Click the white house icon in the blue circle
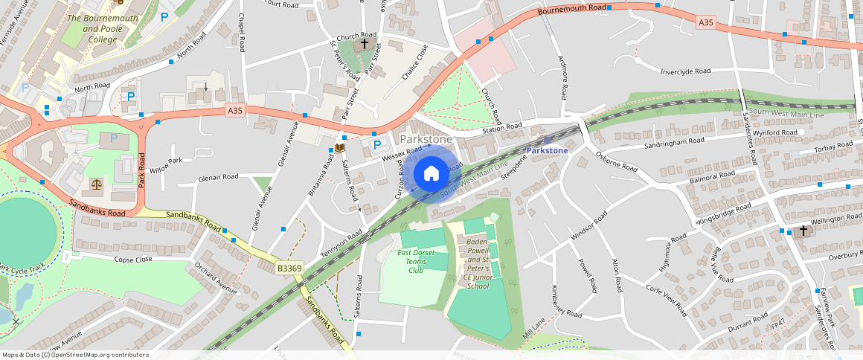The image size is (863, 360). coord(431,174)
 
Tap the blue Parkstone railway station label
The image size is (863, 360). coord(547,150)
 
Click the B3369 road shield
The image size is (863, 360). coord(289,269)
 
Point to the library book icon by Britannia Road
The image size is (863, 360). coord(340,149)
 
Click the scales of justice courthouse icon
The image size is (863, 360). coord(96,184)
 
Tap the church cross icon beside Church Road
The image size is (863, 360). coord(364,45)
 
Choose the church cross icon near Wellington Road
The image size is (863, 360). coord(801,231)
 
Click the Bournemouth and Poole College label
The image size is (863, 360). coord(92,28)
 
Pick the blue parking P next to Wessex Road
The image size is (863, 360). coord(376,144)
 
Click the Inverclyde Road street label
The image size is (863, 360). coord(685,71)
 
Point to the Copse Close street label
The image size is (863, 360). coord(133,260)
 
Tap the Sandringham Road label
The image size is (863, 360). coord(674,141)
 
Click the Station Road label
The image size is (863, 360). coord(502,128)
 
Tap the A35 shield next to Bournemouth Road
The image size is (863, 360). coord(706,23)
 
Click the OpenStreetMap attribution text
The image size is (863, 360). coord(76,355)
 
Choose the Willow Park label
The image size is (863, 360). coord(165,161)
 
